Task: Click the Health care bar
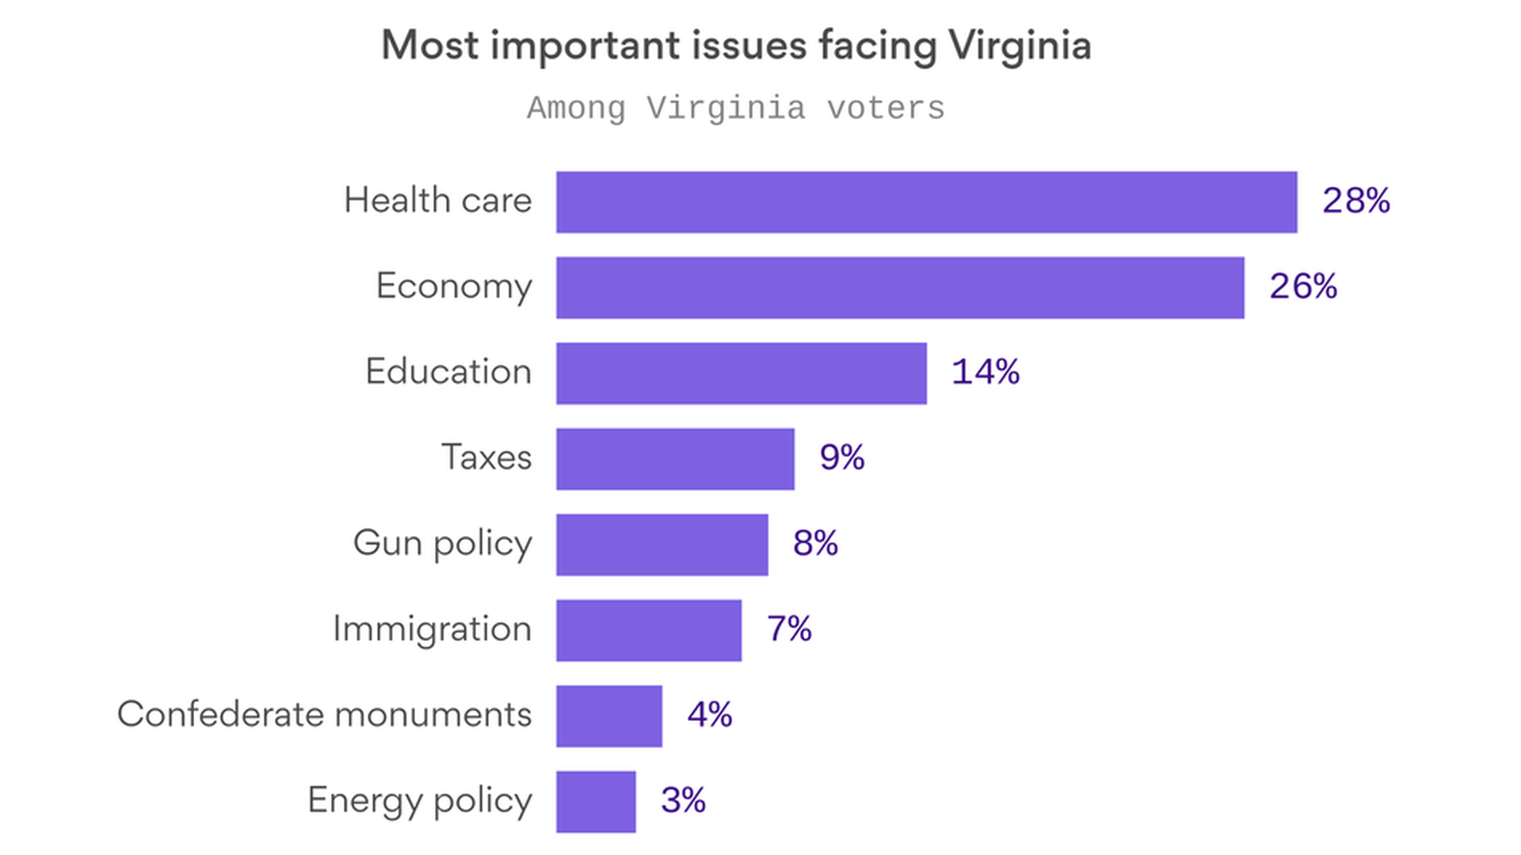click(x=926, y=202)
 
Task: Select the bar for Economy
click(x=900, y=287)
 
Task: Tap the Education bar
click(x=741, y=373)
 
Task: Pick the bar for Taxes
click(x=675, y=459)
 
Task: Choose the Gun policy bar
click(x=661, y=545)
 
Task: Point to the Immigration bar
click(x=648, y=630)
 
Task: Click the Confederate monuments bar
click(x=608, y=716)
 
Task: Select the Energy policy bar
click(x=595, y=801)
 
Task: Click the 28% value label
click(x=1355, y=201)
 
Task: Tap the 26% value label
click(x=1302, y=287)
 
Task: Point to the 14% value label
click(x=985, y=372)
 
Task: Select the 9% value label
click(x=841, y=458)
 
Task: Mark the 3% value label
click(x=683, y=800)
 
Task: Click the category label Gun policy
click(x=442, y=544)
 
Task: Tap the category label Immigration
click(x=432, y=629)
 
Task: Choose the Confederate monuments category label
click(x=324, y=714)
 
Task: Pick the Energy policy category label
click(x=419, y=800)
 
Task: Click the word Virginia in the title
click(x=1020, y=46)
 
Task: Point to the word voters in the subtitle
click(x=886, y=108)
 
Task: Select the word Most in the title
click(x=429, y=45)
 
